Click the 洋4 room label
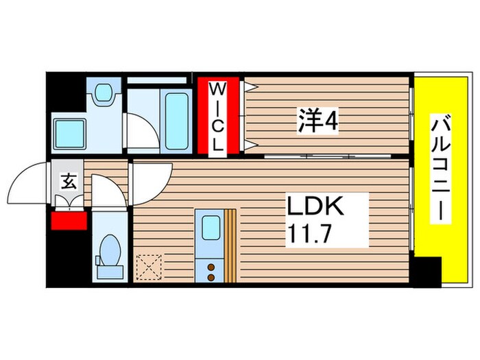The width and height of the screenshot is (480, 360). (317, 123)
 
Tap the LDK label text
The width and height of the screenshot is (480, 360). (318, 206)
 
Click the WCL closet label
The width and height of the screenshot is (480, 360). (217, 117)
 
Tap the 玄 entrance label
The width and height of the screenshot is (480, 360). (69, 182)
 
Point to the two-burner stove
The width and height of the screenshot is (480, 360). (210, 269)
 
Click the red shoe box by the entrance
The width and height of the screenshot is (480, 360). (68, 221)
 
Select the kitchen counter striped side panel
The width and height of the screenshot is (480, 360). (230, 244)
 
